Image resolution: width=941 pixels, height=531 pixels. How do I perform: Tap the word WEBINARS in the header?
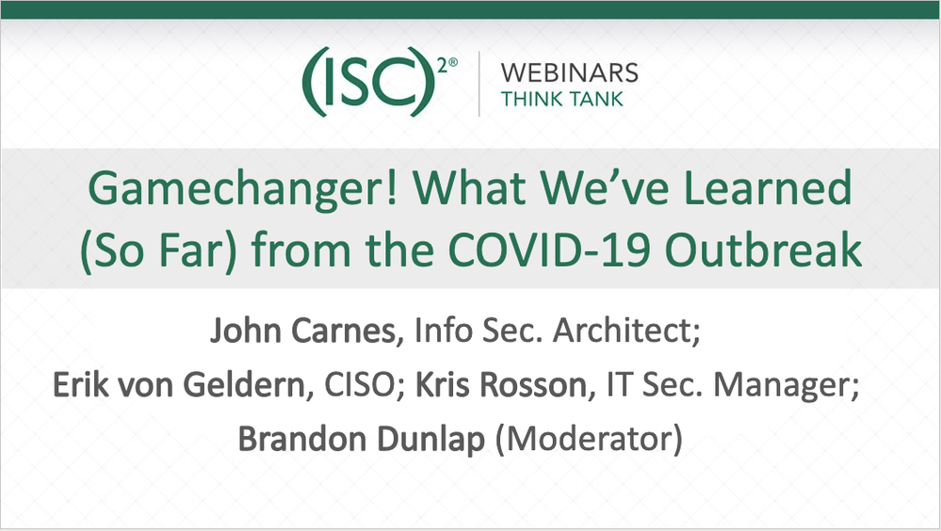pos(570,72)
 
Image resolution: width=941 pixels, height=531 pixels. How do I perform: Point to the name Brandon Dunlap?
pos(363,440)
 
